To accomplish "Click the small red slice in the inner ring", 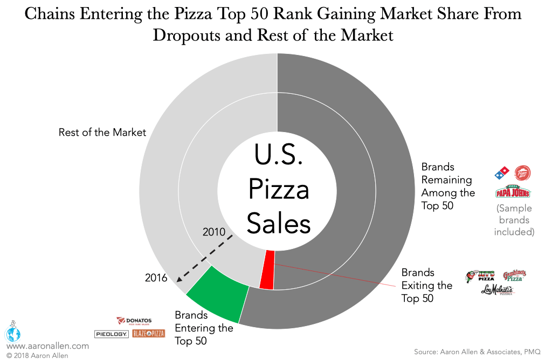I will [x=266, y=270].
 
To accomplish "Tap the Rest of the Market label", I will [x=102, y=132].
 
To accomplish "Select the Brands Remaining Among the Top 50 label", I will [x=448, y=186].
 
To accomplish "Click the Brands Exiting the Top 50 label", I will [x=426, y=286].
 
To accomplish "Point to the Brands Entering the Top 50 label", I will [x=204, y=328].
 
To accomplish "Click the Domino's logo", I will [x=502, y=174].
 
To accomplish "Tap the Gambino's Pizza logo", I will [x=514, y=276].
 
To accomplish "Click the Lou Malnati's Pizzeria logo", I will [x=498, y=290].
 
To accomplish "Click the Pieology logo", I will [x=112, y=334].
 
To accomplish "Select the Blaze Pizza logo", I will [x=148, y=334].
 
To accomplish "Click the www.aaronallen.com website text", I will [x=47, y=347].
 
